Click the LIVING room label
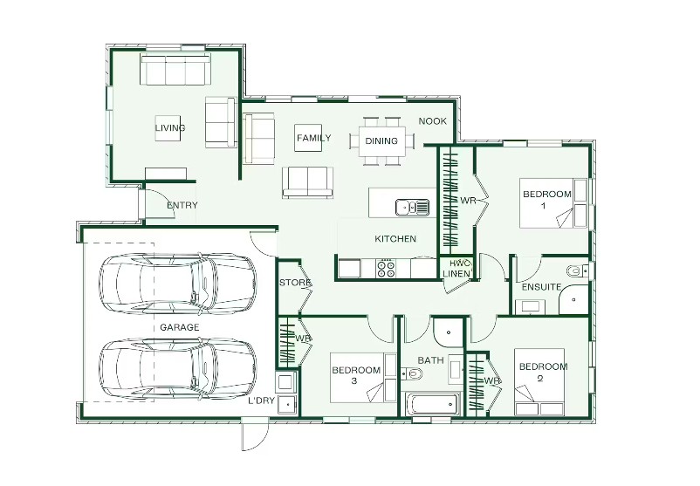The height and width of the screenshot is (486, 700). pos(170,128)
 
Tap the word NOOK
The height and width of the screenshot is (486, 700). pos(433,121)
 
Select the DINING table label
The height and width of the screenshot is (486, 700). pos(381,141)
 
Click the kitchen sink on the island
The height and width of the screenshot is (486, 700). pos(412,207)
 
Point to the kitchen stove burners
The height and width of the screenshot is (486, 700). pos(386,269)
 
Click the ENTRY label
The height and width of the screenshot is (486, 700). pos(182,205)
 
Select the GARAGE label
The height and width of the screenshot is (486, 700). pos(180,327)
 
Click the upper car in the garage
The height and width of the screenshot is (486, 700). pos(178,284)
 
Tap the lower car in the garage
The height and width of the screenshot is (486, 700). pos(178,369)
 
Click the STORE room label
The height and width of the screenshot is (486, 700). pos(295,283)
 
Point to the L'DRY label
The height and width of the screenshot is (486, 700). pos(262,400)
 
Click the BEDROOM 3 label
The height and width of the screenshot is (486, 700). pos(356,375)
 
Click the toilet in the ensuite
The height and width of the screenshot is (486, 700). pos(577,270)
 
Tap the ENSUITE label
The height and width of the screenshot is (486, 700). pos(541,287)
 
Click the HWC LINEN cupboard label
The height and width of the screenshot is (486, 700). pos(456,268)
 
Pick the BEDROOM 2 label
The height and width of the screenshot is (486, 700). pos(543,373)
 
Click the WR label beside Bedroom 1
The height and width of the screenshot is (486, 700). pos(468,201)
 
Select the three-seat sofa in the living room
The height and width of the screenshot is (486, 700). pos(175,69)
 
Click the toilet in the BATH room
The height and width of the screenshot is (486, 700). pos(412,373)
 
